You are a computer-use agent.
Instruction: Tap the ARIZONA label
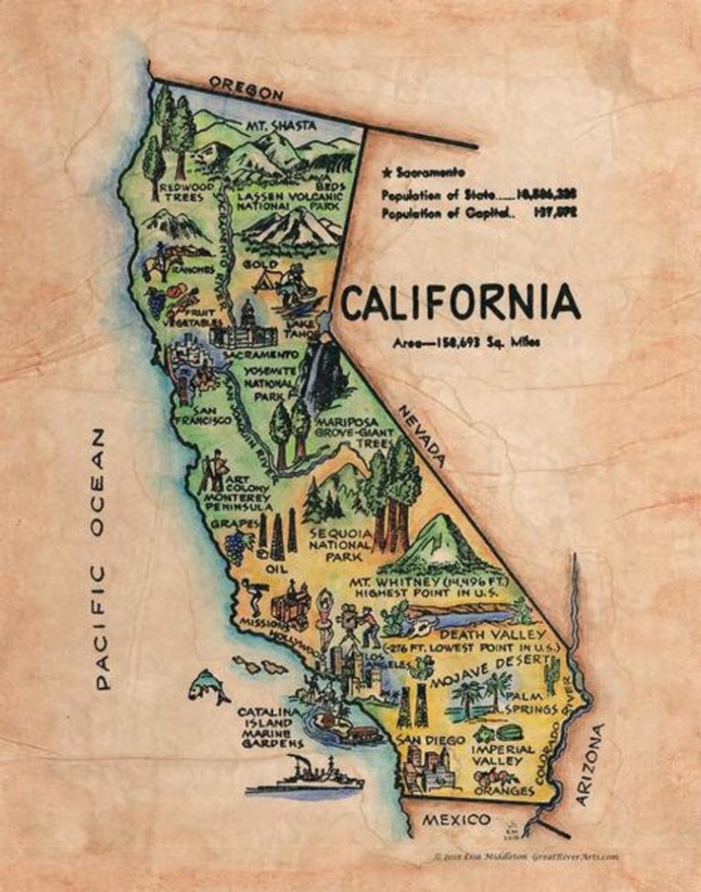click(x=591, y=764)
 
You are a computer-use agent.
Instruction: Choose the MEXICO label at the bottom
click(x=455, y=821)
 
